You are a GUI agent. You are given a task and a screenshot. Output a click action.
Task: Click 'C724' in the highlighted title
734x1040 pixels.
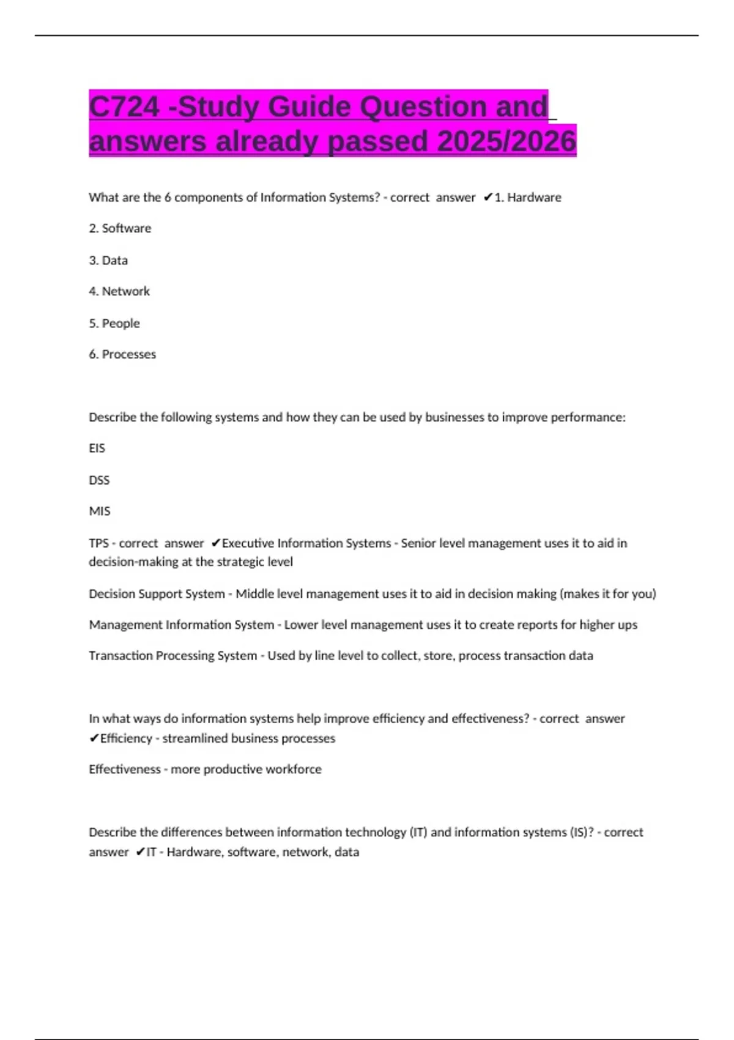click(124, 107)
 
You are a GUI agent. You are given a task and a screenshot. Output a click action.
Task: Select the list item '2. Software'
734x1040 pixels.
click(120, 228)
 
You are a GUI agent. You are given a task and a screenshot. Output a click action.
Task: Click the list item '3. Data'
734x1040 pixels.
click(108, 260)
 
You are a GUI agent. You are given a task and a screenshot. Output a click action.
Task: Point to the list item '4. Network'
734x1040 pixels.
click(119, 291)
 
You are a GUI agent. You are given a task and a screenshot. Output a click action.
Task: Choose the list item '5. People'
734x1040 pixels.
click(114, 323)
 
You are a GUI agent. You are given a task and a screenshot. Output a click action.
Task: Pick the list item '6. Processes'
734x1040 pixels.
click(122, 354)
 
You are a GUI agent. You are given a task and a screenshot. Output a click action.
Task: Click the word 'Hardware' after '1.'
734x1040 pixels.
click(534, 197)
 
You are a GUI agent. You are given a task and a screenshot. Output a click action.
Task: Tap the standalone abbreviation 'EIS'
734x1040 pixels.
click(97, 448)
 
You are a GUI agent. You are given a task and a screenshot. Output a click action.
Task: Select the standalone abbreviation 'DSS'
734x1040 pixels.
click(99, 480)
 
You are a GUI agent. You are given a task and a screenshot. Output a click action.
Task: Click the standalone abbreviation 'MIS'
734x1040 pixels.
click(100, 511)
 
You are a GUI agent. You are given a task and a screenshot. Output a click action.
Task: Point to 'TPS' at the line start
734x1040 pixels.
click(98, 543)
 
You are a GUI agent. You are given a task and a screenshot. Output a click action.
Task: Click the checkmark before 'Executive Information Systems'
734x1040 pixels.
click(215, 543)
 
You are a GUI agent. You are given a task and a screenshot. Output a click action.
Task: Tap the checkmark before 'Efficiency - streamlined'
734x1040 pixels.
click(94, 738)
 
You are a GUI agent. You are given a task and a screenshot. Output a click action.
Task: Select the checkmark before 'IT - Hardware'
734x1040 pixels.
click(140, 852)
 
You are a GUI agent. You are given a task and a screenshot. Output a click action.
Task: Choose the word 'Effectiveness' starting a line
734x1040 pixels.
click(125, 769)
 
